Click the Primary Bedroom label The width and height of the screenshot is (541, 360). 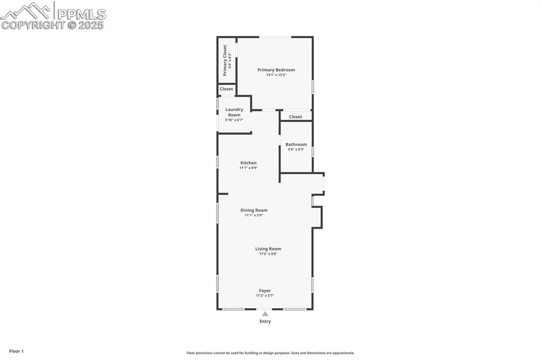276,70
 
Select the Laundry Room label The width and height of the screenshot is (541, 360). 234,112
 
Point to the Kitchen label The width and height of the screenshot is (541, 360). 248,163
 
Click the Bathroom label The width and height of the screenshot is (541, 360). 296,144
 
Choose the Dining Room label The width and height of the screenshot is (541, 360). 254,210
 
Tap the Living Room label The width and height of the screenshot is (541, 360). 268,249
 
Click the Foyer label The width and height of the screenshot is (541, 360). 265,290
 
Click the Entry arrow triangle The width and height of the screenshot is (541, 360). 265,314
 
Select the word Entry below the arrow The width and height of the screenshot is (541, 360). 265,321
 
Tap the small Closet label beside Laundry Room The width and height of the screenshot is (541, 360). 226,89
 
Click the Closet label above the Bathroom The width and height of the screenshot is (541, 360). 295,117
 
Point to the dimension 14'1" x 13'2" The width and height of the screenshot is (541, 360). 276,75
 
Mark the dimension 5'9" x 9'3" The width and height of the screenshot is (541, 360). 296,149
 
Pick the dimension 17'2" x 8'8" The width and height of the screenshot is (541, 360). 268,254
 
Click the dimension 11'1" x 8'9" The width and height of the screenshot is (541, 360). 248,168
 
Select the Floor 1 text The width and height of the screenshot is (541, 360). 16,351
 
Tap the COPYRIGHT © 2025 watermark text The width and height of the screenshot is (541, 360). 53,25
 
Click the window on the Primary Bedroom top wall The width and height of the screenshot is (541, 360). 275,37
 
